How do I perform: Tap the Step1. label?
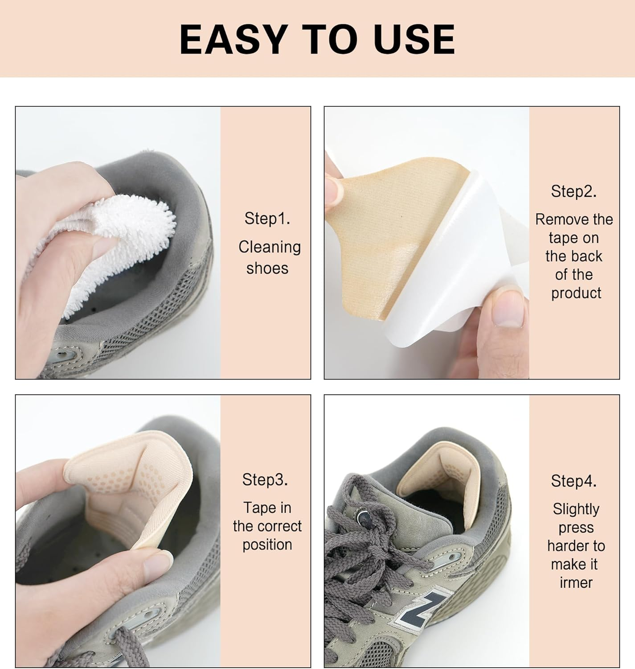click(267, 219)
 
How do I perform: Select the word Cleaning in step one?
click(270, 247)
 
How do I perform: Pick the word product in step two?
click(576, 293)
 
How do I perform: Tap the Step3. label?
click(265, 479)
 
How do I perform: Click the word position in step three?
click(267, 545)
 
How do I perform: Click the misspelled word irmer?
click(576, 582)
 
